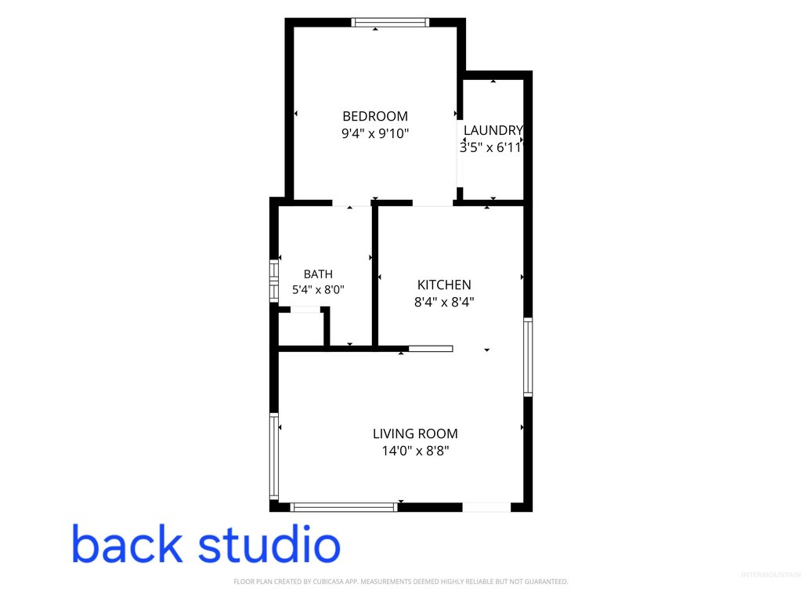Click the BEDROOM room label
pyautogui.click(x=375, y=116)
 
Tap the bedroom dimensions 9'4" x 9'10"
pyautogui.click(x=375, y=133)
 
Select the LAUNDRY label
pyautogui.click(x=493, y=131)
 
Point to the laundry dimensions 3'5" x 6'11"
pyautogui.click(x=491, y=148)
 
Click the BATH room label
pyautogui.click(x=318, y=274)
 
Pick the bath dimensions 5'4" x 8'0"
pyautogui.click(x=318, y=290)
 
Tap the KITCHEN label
pyautogui.click(x=444, y=285)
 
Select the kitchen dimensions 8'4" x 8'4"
pyautogui.click(x=444, y=302)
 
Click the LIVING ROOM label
pyautogui.click(x=415, y=433)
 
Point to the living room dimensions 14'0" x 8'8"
pyautogui.click(x=415, y=451)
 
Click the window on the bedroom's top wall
pyautogui.click(x=390, y=22)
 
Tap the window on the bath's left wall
pyautogui.click(x=274, y=281)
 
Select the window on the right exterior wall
pyautogui.click(x=528, y=357)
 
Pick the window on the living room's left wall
pyautogui.click(x=274, y=456)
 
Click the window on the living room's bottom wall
pyautogui.click(x=344, y=507)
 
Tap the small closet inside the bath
pyautogui.click(x=302, y=328)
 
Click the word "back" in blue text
pyautogui.click(x=127, y=543)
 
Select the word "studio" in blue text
pyautogui.click(x=269, y=543)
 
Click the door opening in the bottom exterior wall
pyautogui.click(x=486, y=507)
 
